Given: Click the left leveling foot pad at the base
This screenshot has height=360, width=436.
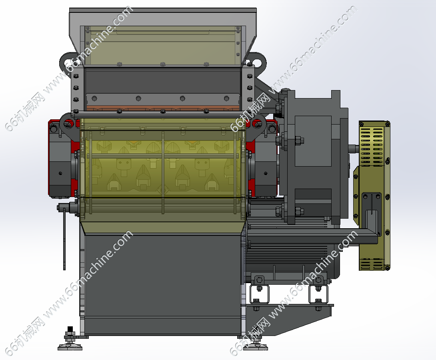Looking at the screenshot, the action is tap(70, 347).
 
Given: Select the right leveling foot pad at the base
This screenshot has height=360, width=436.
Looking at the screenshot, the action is tap(256, 347).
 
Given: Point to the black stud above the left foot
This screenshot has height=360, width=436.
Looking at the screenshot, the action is tap(70, 329).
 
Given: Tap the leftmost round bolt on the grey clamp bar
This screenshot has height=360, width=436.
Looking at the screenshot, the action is tap(94, 98).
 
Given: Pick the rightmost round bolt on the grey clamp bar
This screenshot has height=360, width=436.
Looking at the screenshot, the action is tap(227, 98).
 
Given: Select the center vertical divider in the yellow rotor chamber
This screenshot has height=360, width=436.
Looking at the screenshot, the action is tap(163, 173).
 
